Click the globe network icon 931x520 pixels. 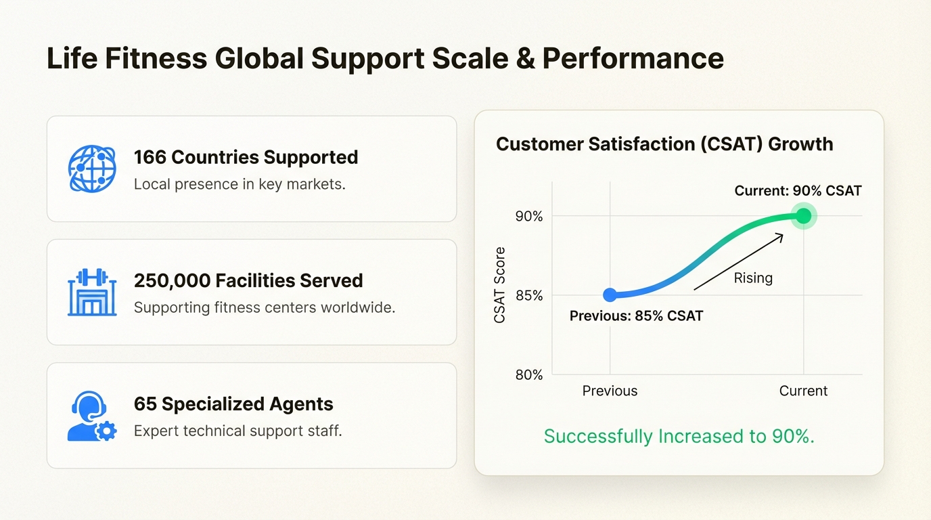pos(92,169)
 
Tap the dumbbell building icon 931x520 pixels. pos(92,292)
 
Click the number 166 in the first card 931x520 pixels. pos(150,157)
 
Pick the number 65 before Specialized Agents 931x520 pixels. pos(145,404)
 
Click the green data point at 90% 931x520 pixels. pos(803,216)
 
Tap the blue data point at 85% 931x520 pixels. pos(610,295)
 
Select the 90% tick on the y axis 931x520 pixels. pos(529,217)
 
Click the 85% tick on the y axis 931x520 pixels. pos(529,296)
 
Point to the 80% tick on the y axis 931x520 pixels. pos(529,375)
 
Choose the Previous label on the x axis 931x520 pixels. pos(610,391)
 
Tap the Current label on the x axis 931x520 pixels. pos(803,391)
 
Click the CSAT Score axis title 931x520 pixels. pos(500,285)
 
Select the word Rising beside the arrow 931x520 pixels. pos(753,278)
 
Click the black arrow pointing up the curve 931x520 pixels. pos(738,262)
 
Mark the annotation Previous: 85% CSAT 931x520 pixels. pos(636,316)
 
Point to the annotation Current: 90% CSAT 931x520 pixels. pos(798,191)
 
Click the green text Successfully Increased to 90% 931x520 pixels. pos(679,436)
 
